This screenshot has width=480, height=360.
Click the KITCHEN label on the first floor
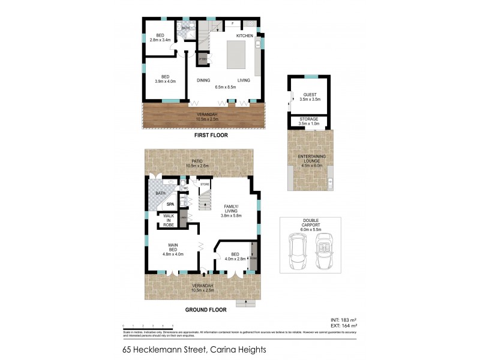coord(244,37)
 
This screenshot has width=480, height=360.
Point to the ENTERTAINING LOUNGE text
coord(309,160)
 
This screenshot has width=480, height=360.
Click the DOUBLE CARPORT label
coord(310,224)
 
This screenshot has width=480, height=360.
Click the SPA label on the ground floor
coord(161,205)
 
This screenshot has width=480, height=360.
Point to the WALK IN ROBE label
coord(165,221)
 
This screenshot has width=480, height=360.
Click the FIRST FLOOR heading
coord(211,136)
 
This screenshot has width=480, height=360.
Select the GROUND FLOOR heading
coord(206,310)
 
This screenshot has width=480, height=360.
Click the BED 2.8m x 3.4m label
coord(160,38)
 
